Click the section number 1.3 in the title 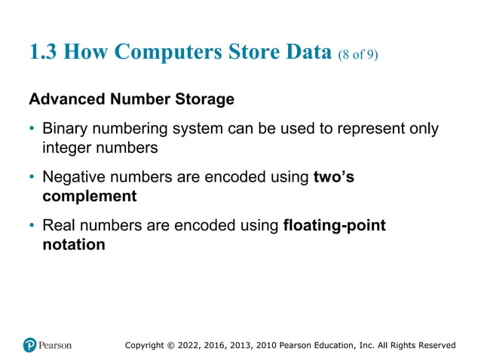pyautogui.click(x=43, y=52)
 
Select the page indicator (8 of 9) pyautogui.click(x=357, y=54)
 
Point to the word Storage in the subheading pyautogui.click(x=205, y=99)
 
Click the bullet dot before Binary pyautogui.click(x=32, y=129)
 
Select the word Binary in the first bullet pyautogui.click(x=64, y=129)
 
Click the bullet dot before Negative pyautogui.click(x=32, y=178)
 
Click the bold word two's pyautogui.click(x=333, y=178)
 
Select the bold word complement pyautogui.click(x=89, y=197)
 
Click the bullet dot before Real pyautogui.click(x=32, y=226)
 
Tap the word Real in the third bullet pyautogui.click(x=59, y=226)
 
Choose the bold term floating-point pyautogui.click(x=334, y=226)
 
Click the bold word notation pyautogui.click(x=73, y=245)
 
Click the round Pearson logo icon pyautogui.click(x=30, y=345)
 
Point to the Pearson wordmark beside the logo pyautogui.click(x=56, y=345)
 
